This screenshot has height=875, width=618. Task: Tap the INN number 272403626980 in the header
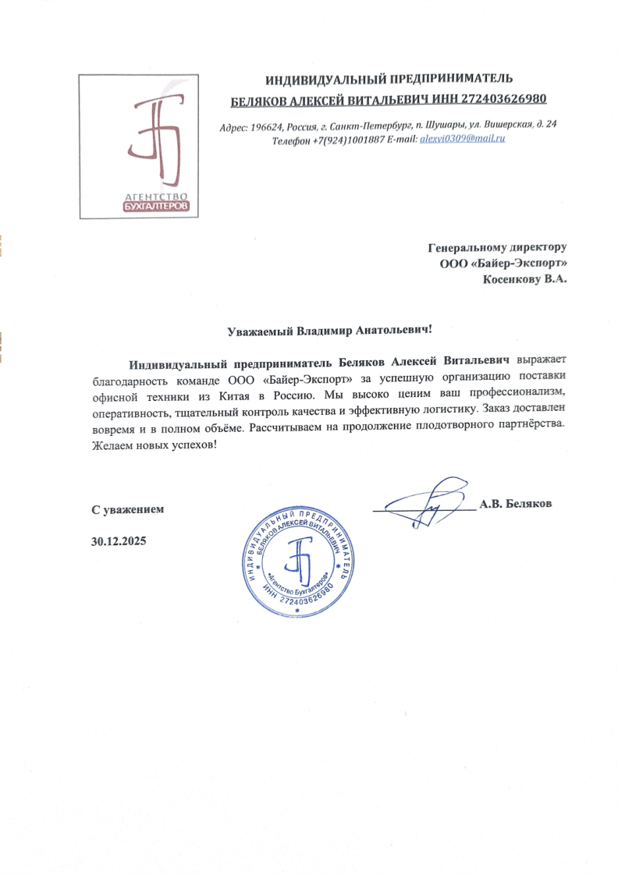(x=502, y=100)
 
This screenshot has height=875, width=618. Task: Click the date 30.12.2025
(x=119, y=540)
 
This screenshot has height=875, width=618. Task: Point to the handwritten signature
(x=425, y=501)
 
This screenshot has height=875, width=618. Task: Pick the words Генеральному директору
(x=497, y=247)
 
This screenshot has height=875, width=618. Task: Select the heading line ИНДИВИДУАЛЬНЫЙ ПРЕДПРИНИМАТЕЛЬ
(x=388, y=79)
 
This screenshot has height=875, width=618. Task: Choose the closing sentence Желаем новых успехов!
(x=152, y=444)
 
